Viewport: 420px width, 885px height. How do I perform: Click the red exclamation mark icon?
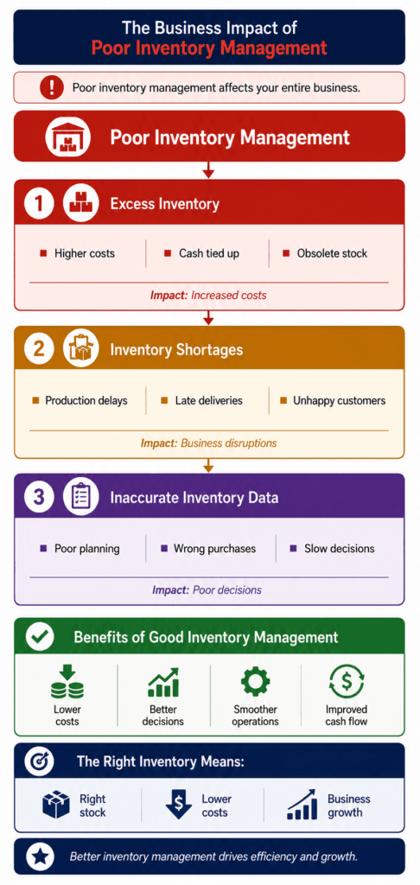pyautogui.click(x=52, y=87)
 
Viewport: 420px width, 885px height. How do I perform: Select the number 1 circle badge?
pyautogui.click(x=39, y=203)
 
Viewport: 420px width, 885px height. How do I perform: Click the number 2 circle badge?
pyautogui.click(x=39, y=349)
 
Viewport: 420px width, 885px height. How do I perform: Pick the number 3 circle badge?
pyautogui.click(x=39, y=497)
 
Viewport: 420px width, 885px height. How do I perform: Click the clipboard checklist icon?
pyautogui.click(x=81, y=497)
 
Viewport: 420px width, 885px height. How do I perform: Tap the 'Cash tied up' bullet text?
pyautogui.click(x=209, y=253)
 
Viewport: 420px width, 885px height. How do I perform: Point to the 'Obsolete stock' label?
pyautogui.click(x=332, y=253)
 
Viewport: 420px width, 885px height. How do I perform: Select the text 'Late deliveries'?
pyautogui.click(x=209, y=401)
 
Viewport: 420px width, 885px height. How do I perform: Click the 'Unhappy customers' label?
pyautogui.click(x=340, y=401)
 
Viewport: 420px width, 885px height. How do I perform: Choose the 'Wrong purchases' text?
pyautogui.click(x=214, y=548)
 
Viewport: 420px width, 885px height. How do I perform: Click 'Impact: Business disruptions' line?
pyautogui.click(x=209, y=443)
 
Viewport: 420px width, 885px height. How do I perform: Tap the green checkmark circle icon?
pyautogui.click(x=40, y=638)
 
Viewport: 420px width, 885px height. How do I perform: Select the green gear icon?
pyautogui.click(x=255, y=682)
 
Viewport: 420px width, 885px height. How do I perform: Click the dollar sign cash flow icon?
pyautogui.click(x=347, y=682)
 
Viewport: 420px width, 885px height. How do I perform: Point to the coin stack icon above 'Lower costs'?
pyautogui.click(x=67, y=682)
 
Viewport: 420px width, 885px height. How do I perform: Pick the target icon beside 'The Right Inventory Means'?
pyautogui.click(x=40, y=762)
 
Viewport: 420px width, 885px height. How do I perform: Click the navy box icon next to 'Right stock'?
pyautogui.click(x=56, y=805)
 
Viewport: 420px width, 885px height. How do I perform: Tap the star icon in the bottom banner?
pyautogui.click(x=40, y=856)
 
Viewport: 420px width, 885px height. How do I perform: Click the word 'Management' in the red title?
pyautogui.click(x=269, y=48)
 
